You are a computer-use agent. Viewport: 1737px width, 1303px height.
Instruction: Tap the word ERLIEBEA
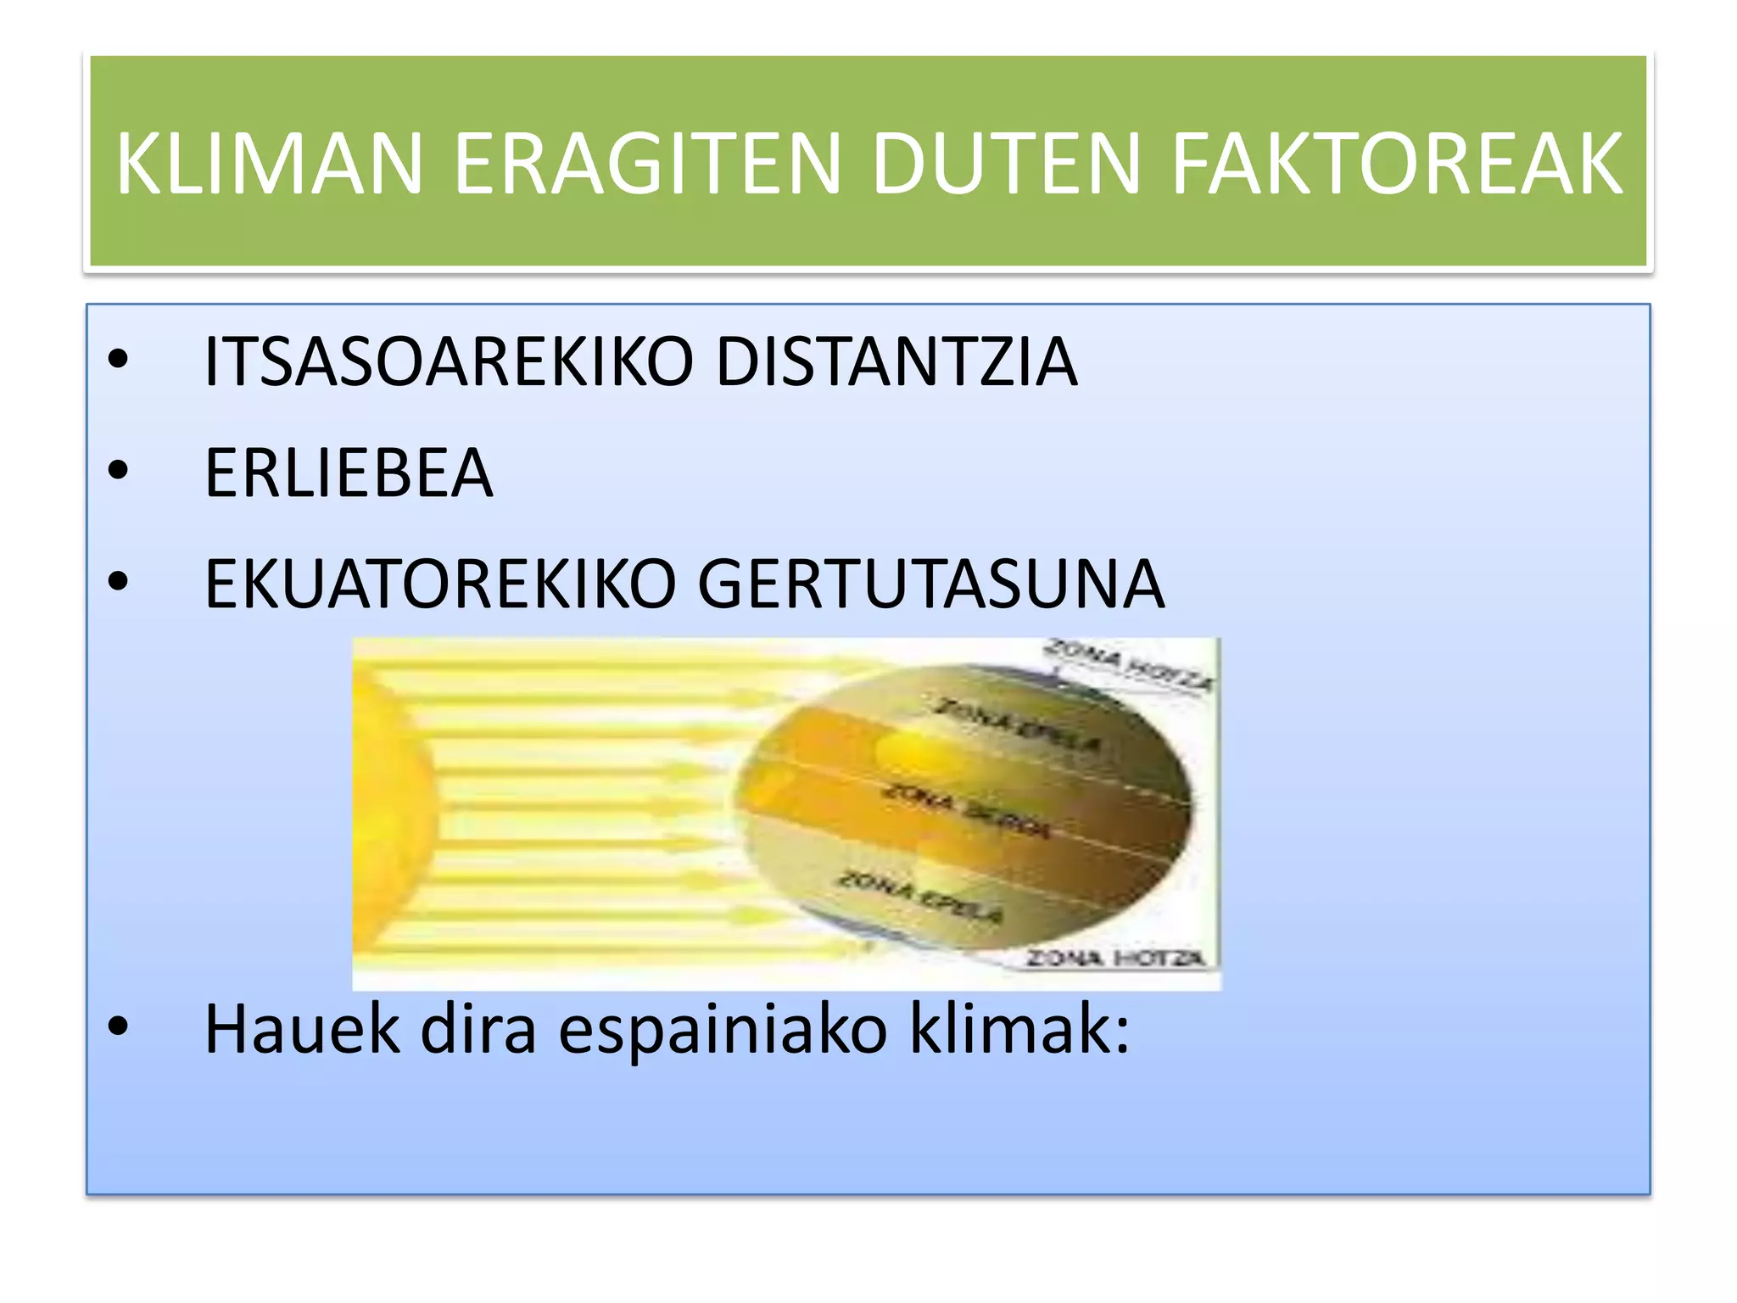[349, 473]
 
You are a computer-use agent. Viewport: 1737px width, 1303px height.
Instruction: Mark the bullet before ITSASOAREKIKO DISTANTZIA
[118, 360]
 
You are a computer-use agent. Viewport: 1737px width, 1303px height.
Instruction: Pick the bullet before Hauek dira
[118, 1027]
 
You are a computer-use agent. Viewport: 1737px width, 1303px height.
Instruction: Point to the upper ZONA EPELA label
[1017, 725]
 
